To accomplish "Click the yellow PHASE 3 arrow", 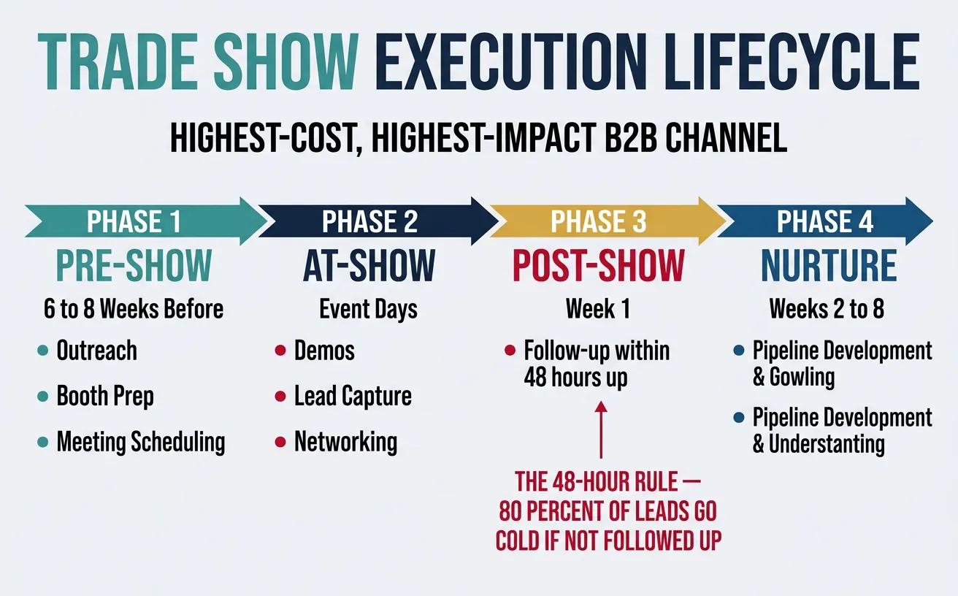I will point(599,221).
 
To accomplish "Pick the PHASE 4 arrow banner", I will point(825,221).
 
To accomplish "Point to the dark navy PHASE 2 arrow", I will point(369,221).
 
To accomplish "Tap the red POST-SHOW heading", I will point(599,265).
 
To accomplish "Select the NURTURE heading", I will point(829,265).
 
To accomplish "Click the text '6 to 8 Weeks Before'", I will point(134,309).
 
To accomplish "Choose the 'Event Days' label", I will point(369,309).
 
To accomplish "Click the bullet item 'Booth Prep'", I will point(105,397).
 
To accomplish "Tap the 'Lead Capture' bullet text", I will point(353,397).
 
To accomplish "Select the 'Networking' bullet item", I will point(345,442).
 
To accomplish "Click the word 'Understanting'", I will point(826,443).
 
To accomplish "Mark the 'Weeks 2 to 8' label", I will point(827,309).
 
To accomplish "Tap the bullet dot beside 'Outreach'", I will point(42,352).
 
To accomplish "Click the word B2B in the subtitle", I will point(621,139).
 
